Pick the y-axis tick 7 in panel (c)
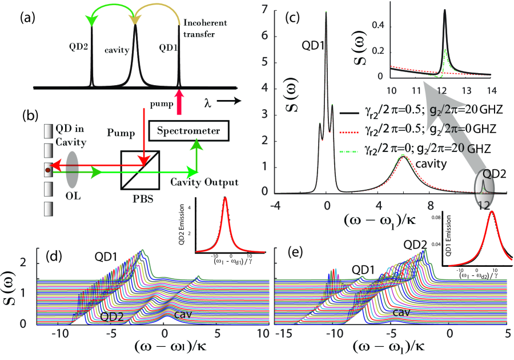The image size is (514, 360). (263, 10)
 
